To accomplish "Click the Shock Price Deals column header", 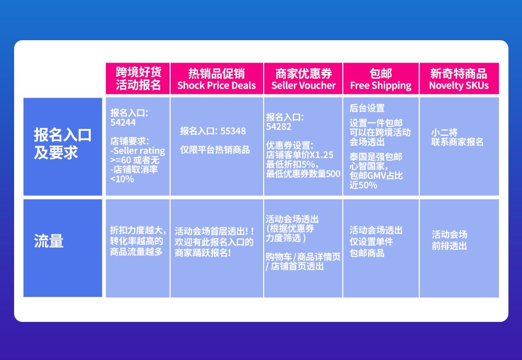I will tap(217, 79).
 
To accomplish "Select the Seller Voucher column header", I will tap(303, 79).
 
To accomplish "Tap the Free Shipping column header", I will tap(381, 79).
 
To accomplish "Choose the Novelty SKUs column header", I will tap(459, 79).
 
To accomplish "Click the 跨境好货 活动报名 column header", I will tap(138, 79).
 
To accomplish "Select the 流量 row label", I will tap(49, 241).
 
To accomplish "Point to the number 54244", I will tap(123, 122).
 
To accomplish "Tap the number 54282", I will tap(279, 126).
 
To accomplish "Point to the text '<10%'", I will tap(122, 179).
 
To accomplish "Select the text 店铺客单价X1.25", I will tap(300, 155).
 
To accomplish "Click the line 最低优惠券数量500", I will tap(303, 174).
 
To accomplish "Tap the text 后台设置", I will tap(367, 109).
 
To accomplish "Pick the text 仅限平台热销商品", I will tap(215, 150).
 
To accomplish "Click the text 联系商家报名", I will tap(458, 142).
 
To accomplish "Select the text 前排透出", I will tap(449, 246).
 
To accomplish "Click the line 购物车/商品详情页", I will tap(303, 257).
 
